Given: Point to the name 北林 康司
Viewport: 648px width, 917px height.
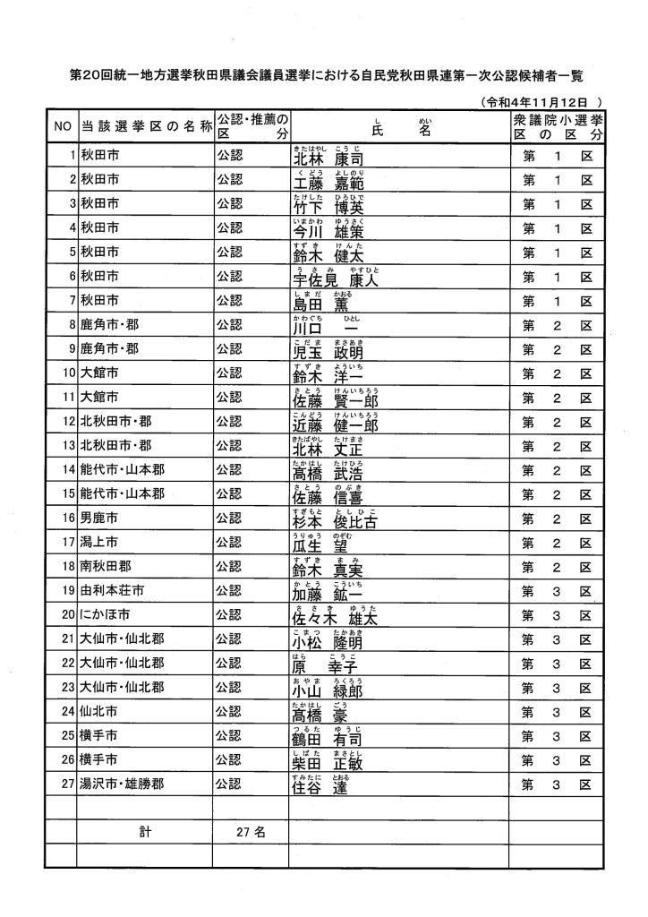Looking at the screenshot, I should [x=328, y=159].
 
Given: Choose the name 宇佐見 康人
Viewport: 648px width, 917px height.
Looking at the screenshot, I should [x=330, y=278].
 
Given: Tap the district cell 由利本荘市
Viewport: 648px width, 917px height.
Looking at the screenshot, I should [x=112, y=591].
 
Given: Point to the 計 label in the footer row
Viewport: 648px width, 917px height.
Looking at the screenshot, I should [x=144, y=833].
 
